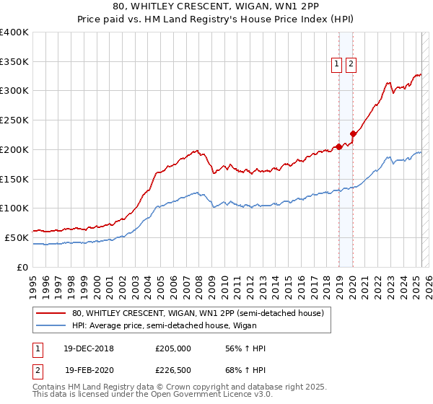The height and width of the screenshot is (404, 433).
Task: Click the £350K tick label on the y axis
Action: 14,61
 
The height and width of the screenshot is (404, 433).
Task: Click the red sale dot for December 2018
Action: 338,146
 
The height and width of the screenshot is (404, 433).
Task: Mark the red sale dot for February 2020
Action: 353,133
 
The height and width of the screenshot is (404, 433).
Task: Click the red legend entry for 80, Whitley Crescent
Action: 201,313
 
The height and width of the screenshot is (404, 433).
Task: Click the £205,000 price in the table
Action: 173,348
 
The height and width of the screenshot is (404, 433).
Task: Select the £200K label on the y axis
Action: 14,149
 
